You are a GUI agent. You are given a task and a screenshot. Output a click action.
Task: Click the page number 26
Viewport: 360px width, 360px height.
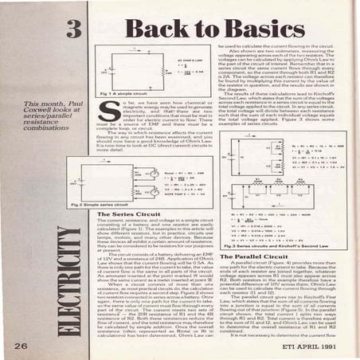19,343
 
